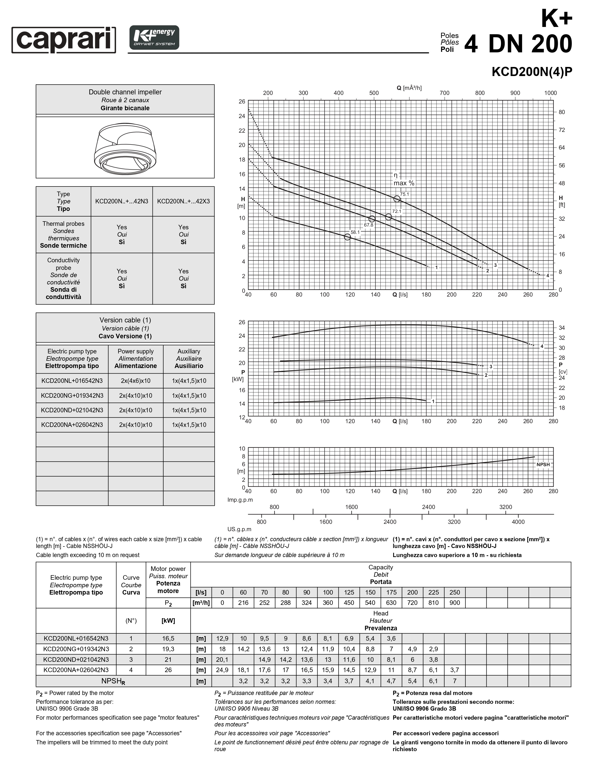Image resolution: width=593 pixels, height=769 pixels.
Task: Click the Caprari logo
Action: click(64, 40)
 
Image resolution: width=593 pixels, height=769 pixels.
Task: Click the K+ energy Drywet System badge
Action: click(154, 37)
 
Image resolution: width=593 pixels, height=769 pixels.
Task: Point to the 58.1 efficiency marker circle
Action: click(347, 237)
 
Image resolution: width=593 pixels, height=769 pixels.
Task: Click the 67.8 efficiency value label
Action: click(369, 225)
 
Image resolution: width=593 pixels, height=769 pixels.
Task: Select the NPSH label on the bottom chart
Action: click(543, 464)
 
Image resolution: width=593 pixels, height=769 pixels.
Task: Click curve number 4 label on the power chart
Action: click(542, 346)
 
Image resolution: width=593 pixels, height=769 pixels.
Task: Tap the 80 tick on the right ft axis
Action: click(562, 112)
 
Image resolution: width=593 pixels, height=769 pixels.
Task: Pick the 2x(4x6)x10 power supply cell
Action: click(136, 381)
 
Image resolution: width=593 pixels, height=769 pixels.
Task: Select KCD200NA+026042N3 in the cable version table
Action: click(72, 425)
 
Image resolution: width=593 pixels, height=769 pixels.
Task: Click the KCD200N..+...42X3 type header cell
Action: click(183, 201)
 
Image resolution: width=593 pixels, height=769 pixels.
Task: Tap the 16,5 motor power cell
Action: click(168, 638)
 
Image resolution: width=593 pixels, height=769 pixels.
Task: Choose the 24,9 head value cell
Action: click(222, 670)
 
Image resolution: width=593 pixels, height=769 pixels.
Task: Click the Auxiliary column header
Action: click(189, 358)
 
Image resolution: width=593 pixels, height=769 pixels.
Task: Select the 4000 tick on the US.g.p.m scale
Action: click(518, 522)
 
